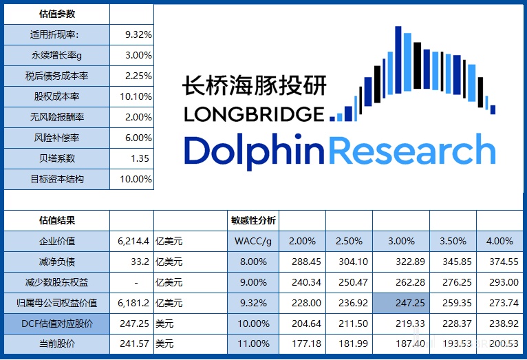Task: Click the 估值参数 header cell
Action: click(x=57, y=13)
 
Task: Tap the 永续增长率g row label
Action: click(x=57, y=55)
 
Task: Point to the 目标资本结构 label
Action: click(x=57, y=179)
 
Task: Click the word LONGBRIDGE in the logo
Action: click(x=253, y=114)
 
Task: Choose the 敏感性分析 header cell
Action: click(x=252, y=220)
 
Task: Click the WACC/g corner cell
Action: click(x=252, y=241)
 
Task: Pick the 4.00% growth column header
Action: click(x=499, y=241)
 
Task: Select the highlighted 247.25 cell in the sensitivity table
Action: click(x=401, y=303)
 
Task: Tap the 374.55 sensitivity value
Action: click(x=499, y=262)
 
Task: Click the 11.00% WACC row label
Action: click(x=252, y=343)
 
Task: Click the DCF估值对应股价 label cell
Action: click(x=57, y=323)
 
